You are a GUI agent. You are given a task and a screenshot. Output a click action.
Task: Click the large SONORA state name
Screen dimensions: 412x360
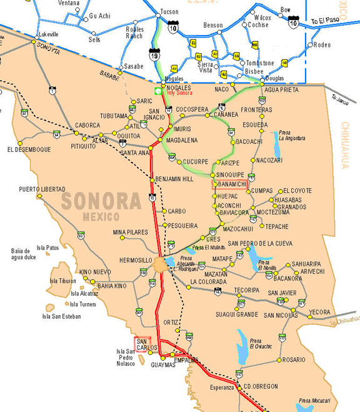[x=101, y=201]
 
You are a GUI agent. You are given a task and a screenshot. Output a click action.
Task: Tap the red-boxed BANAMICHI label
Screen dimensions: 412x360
[x=232, y=185]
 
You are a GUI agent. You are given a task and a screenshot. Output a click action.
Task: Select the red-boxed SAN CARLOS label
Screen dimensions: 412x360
[x=142, y=344]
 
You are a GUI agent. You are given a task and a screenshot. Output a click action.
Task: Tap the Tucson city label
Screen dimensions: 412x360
[x=169, y=12]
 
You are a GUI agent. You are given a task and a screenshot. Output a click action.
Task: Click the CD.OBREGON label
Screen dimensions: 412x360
[x=261, y=386]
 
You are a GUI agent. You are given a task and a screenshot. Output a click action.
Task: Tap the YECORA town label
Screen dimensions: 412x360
[x=319, y=311]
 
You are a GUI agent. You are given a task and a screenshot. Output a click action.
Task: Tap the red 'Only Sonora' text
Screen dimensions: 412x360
[x=179, y=93]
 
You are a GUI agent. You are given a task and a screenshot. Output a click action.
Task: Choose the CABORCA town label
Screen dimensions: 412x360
[x=87, y=125]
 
